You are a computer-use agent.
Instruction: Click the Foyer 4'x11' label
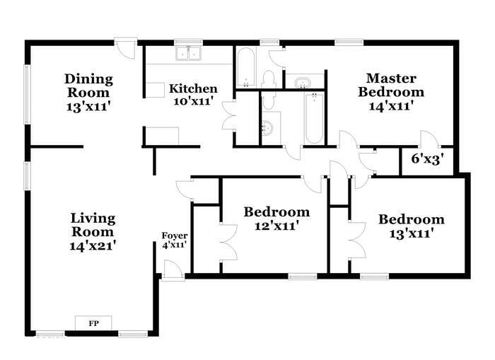174,240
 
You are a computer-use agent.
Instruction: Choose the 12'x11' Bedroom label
276,219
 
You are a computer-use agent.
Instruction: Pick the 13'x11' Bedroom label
411,226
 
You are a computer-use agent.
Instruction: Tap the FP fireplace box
93,323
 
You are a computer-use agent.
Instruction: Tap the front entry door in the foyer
173,269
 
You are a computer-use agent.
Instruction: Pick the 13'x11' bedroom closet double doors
356,240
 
